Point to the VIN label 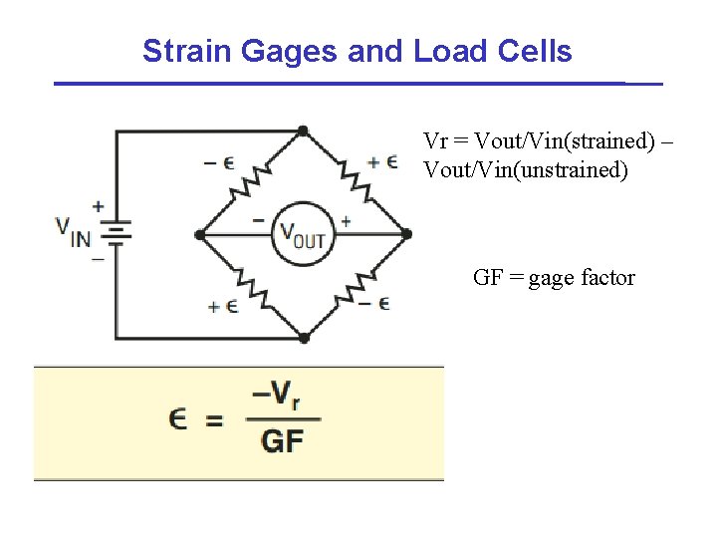[x=74, y=234]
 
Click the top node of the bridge [x=303, y=131]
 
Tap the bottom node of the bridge [x=304, y=338]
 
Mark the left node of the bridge [x=199, y=235]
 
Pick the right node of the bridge [x=406, y=235]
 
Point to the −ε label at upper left [x=219, y=161]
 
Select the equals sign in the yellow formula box [x=213, y=420]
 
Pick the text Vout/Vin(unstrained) [x=526, y=170]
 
